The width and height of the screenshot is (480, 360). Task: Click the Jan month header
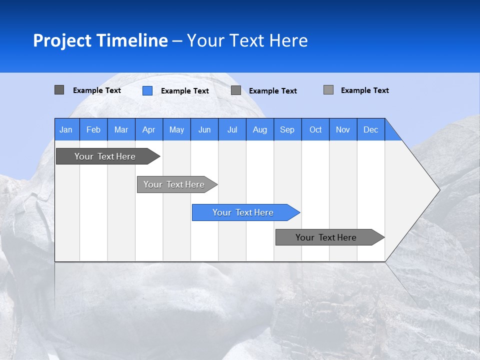pyautogui.click(x=66, y=129)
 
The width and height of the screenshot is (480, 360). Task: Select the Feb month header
pyautogui.click(x=93, y=129)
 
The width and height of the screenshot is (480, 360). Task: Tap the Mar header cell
pyautogui.click(x=121, y=129)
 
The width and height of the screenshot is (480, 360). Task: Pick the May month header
pyautogui.click(x=176, y=129)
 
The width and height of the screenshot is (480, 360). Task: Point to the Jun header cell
pyautogui.click(x=204, y=129)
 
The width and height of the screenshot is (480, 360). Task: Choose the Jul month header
pyautogui.click(x=232, y=129)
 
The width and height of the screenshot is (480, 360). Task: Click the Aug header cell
pyautogui.click(x=260, y=129)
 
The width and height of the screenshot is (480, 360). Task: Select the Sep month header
pyautogui.click(x=287, y=129)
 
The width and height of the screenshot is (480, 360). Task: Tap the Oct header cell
pyautogui.click(x=315, y=129)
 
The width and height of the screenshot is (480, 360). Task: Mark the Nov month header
pyautogui.click(x=343, y=129)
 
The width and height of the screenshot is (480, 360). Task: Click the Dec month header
pyautogui.click(x=371, y=129)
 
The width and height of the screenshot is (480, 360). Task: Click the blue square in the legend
pyautogui.click(x=147, y=90)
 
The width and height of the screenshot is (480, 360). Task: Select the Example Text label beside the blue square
pyautogui.click(x=184, y=91)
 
